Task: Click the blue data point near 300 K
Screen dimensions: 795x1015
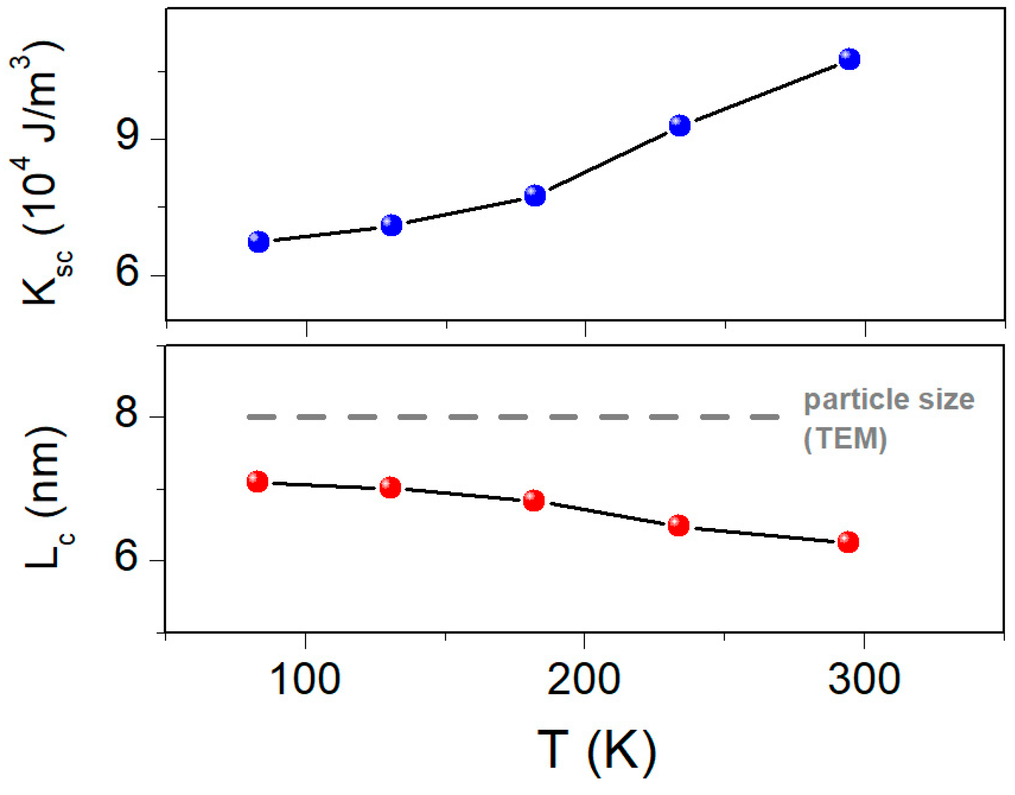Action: click(849, 59)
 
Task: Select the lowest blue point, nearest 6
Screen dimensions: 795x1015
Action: click(259, 242)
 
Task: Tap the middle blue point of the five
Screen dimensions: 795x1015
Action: click(535, 195)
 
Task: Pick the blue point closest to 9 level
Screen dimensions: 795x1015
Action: click(680, 125)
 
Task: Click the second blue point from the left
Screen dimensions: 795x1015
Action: click(392, 225)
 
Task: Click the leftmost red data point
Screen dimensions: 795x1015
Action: click(257, 481)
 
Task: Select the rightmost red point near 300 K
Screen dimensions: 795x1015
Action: click(848, 542)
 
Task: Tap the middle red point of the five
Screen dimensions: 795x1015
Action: click(534, 500)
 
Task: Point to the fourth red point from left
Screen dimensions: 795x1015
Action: click(679, 526)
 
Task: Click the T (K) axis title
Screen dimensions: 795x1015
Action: click(597, 750)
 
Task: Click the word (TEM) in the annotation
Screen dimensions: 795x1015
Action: click(845, 438)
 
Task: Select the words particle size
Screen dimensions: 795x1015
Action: click(889, 399)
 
